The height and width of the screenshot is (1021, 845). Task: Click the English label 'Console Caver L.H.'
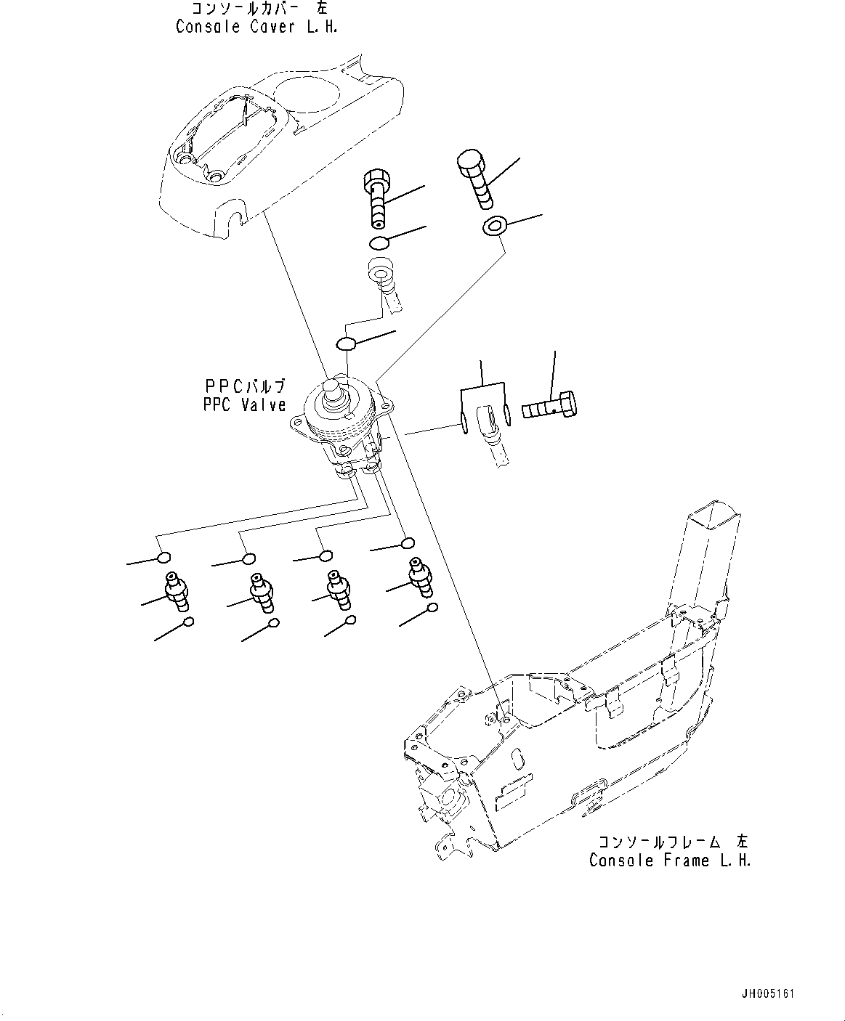(256, 27)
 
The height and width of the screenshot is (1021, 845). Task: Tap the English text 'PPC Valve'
(245, 405)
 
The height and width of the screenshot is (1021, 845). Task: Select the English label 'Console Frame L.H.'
(669, 861)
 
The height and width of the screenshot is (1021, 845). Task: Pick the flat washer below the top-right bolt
(494, 226)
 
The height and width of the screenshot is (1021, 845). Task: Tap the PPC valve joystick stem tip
(333, 384)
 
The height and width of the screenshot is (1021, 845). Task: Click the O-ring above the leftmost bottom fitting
(164, 558)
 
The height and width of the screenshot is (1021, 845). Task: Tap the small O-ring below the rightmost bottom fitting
(432, 607)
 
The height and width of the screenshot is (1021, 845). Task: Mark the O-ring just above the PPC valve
(347, 342)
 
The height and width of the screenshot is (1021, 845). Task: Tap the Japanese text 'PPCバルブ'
(245, 386)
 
